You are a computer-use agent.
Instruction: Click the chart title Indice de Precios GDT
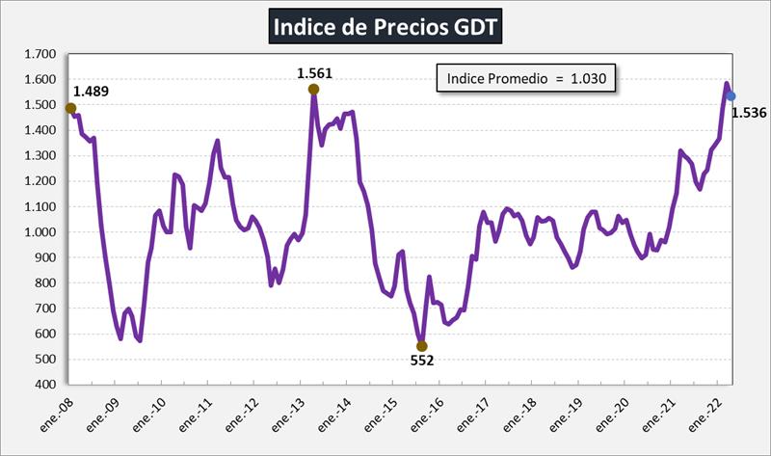385,26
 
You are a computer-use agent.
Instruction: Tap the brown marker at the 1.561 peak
314,90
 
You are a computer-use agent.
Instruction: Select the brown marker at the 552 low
421,346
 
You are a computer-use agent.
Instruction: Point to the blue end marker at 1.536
731,95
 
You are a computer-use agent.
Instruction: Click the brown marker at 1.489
70,108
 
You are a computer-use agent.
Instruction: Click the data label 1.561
314,72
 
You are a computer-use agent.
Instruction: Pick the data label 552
421,362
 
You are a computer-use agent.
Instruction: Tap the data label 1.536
749,113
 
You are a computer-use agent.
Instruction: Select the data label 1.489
92,92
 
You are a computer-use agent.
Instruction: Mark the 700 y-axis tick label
41,308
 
